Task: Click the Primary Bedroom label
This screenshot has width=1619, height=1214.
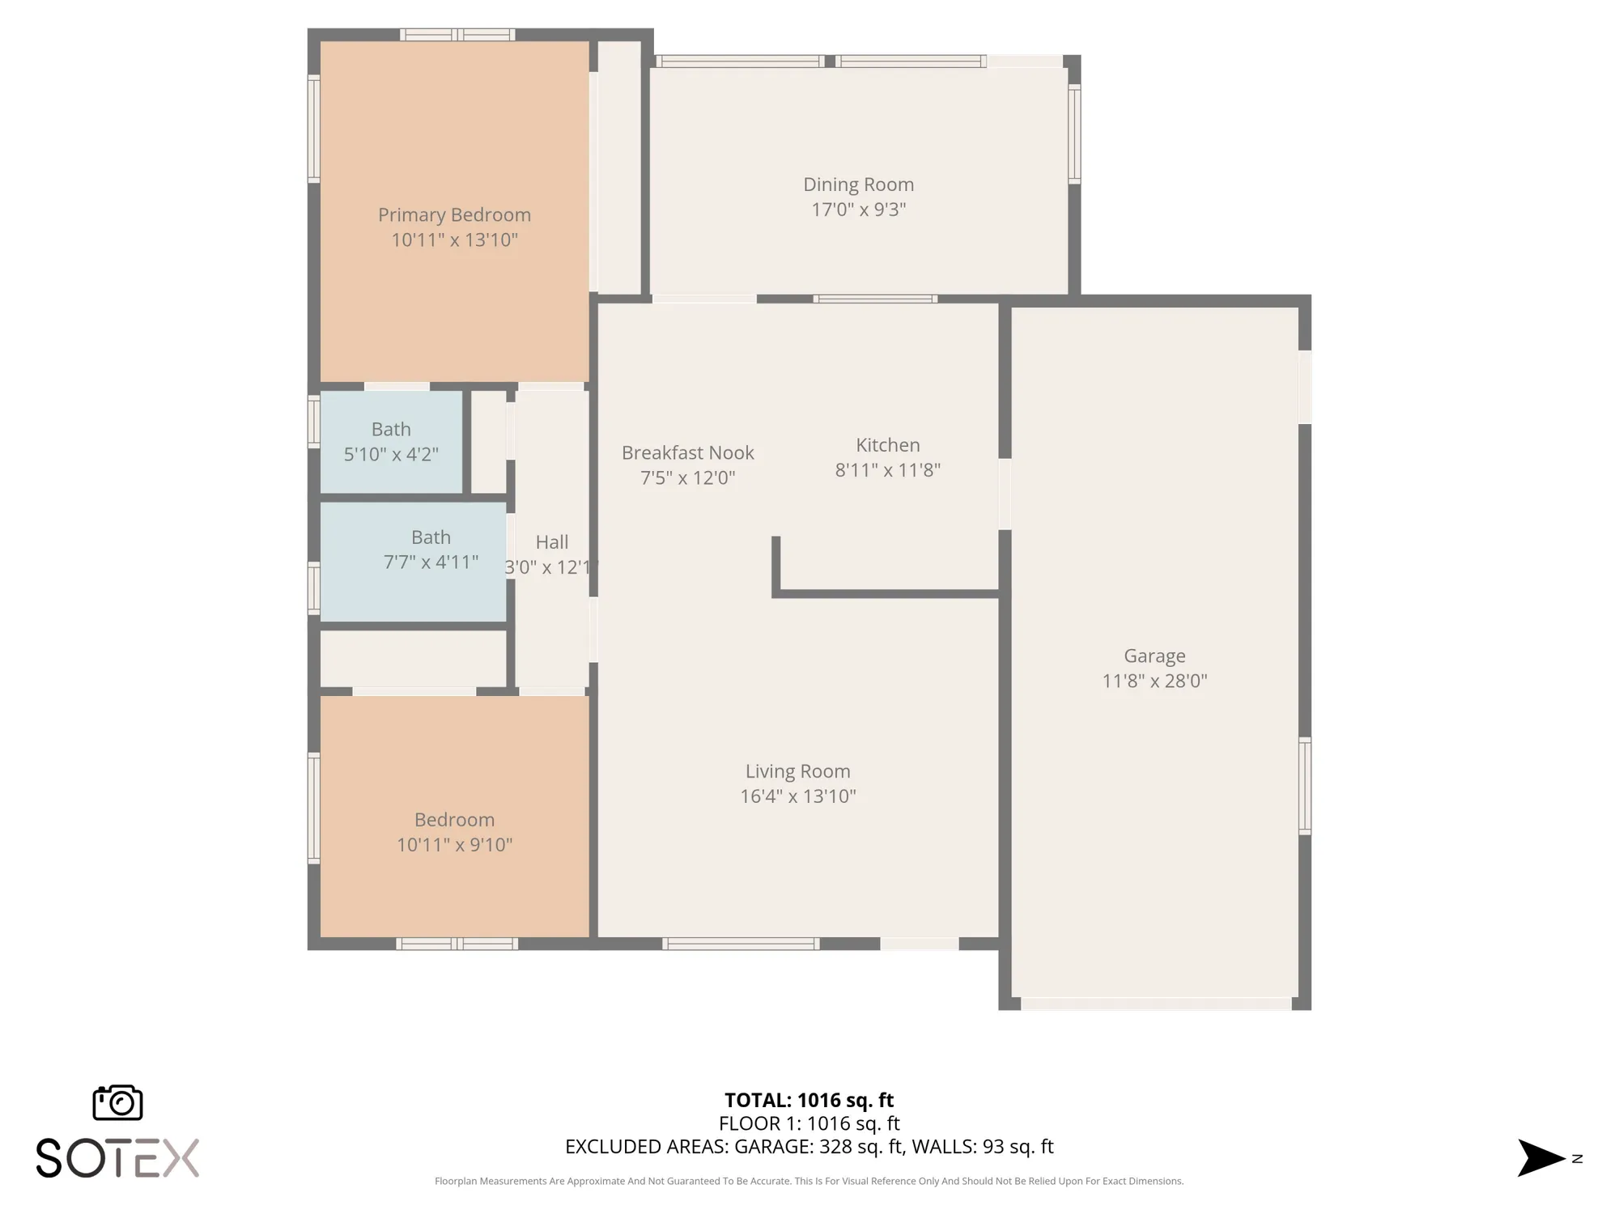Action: (454, 214)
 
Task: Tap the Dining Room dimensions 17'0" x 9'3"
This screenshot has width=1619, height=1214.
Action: (858, 210)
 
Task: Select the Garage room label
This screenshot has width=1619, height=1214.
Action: (1154, 656)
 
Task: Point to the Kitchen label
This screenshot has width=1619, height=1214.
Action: (887, 444)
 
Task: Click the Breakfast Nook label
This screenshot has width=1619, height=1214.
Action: (687, 452)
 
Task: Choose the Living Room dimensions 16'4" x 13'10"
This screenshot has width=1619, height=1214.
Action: (797, 796)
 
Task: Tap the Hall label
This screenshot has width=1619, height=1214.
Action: (551, 541)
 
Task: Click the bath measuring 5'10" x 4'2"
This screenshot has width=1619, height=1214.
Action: (391, 441)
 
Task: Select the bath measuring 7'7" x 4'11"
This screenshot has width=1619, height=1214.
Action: (431, 550)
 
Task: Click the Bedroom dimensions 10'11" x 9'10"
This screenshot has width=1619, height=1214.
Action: (454, 845)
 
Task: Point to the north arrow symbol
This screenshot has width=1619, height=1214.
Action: (1540, 1158)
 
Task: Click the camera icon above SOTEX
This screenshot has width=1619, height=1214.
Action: (117, 1102)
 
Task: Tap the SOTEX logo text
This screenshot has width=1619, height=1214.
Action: (117, 1158)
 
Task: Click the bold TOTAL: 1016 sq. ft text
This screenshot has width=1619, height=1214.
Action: (809, 1100)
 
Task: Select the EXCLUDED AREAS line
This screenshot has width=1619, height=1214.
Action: (809, 1147)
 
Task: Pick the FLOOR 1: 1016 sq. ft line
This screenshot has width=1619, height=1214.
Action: (809, 1123)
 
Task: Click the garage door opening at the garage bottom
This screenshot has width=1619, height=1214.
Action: (1155, 1004)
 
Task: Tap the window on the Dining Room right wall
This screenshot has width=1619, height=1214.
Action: (1074, 134)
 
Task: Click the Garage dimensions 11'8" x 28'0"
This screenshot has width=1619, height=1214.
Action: (1154, 681)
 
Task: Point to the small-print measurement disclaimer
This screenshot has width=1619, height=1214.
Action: (809, 1181)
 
